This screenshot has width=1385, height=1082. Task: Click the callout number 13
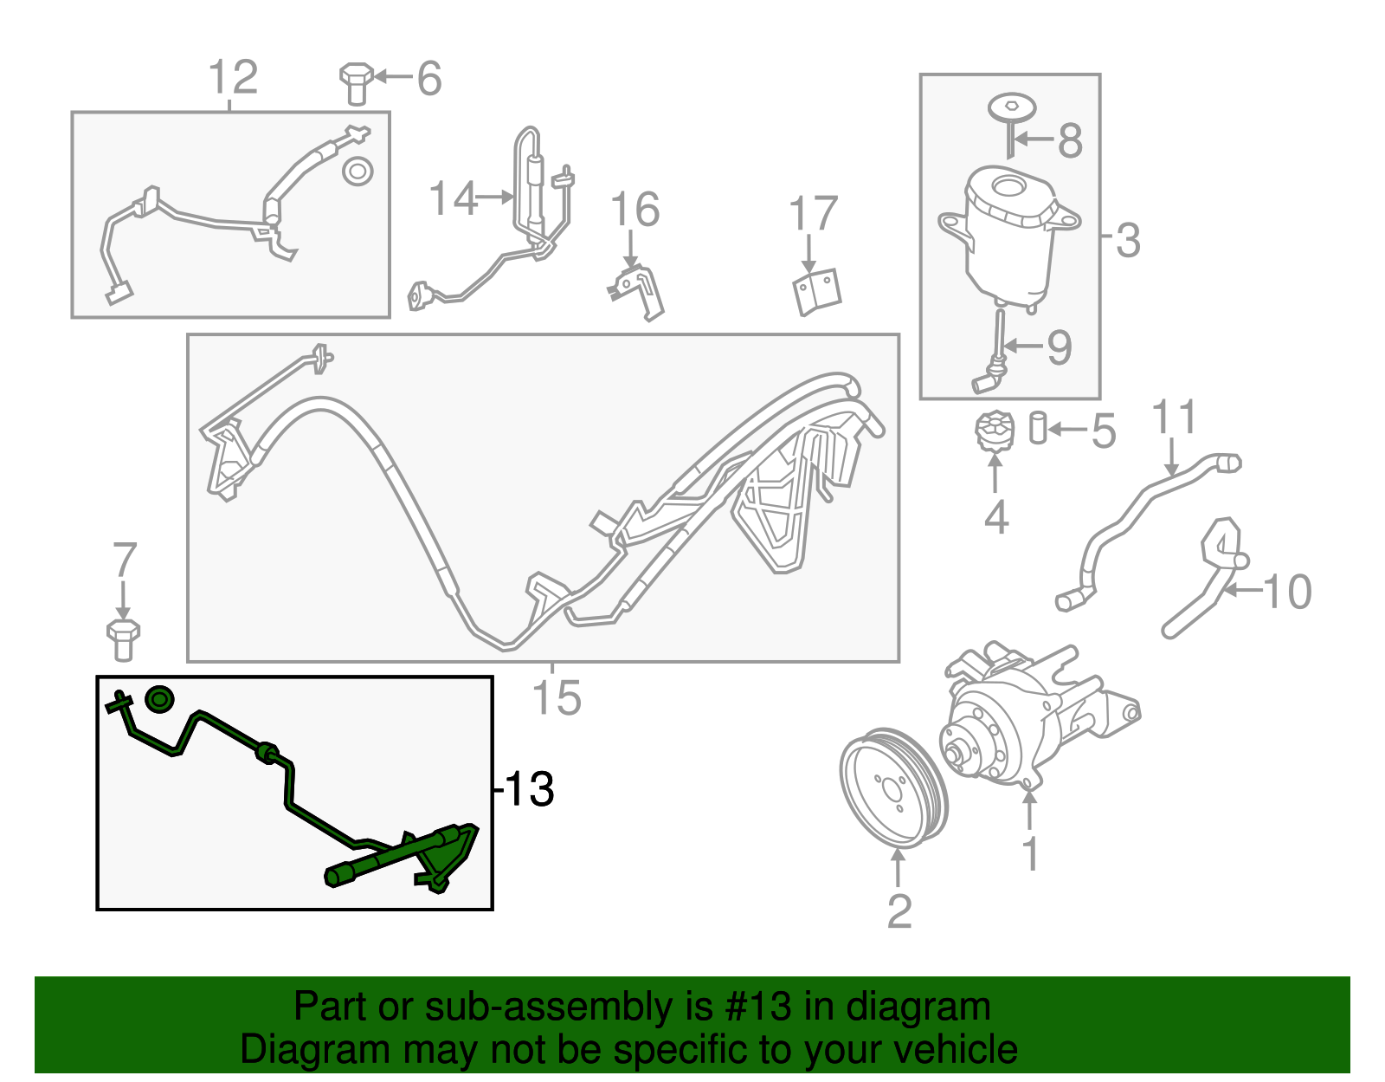[x=528, y=789]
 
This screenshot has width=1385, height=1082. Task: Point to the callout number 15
[x=556, y=698]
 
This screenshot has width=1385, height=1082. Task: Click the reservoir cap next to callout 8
[x=1012, y=108]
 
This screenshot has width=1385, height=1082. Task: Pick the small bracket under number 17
[x=817, y=292]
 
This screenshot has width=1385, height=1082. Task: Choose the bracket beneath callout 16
[x=639, y=290]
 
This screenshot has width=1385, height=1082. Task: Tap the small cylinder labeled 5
[x=1038, y=428]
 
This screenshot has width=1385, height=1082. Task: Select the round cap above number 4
[x=995, y=431]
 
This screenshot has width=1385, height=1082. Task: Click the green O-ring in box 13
[x=159, y=699]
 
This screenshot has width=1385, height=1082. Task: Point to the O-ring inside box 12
[x=357, y=171]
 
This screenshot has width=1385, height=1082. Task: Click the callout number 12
[x=233, y=77]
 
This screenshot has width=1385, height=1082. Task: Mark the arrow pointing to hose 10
[x=1243, y=592]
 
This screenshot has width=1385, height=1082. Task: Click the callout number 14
[x=453, y=198]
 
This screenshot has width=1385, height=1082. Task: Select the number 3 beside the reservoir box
[x=1127, y=240]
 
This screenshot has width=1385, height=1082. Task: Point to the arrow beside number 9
[x=1025, y=346]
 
